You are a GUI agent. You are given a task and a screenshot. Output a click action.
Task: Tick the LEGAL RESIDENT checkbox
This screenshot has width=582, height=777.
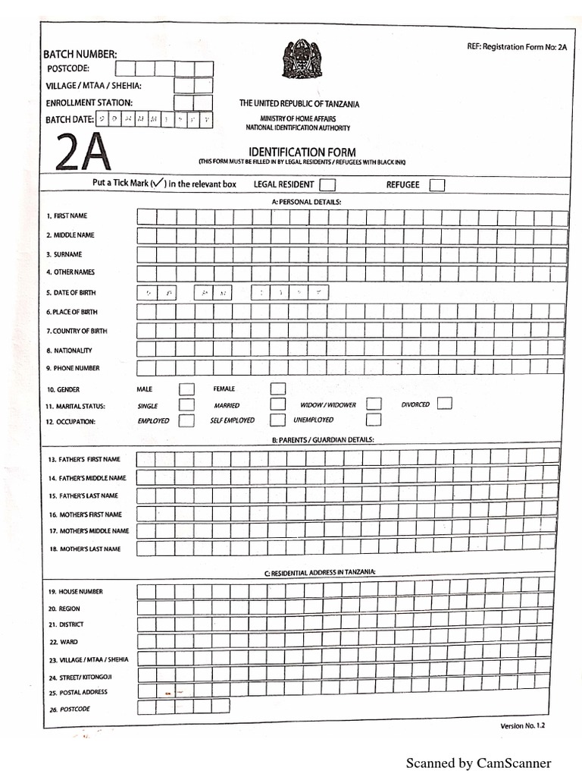[x=327, y=185]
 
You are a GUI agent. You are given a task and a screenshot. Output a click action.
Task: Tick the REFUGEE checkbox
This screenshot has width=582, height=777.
[x=437, y=185]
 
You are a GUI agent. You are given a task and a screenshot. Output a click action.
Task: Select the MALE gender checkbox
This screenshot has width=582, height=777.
[x=186, y=389]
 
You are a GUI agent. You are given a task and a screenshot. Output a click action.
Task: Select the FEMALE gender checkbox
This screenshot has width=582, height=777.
[x=278, y=389]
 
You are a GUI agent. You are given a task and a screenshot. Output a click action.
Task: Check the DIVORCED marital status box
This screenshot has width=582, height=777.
[x=445, y=403]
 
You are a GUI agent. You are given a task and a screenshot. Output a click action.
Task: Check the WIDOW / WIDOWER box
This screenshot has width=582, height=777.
[x=374, y=404]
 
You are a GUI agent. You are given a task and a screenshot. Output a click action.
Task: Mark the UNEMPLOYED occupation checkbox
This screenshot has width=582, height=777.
[x=374, y=420]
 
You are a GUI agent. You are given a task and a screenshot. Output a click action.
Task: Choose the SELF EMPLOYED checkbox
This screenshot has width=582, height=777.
[x=278, y=420]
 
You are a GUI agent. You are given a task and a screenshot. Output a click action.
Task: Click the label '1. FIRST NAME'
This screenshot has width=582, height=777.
[x=67, y=216]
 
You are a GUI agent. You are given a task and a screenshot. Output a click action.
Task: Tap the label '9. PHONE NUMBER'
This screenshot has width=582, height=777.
[x=72, y=368]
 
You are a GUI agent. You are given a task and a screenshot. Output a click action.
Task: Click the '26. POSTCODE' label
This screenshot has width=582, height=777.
[x=69, y=709]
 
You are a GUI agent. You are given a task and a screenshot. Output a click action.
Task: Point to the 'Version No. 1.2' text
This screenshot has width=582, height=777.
[x=522, y=726]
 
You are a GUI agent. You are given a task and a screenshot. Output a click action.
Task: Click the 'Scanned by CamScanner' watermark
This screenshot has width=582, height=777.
[x=478, y=763]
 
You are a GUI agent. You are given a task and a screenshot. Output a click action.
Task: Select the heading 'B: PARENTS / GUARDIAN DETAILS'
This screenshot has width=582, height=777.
[x=322, y=439]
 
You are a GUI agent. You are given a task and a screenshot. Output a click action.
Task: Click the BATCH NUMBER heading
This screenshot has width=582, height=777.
[x=80, y=54]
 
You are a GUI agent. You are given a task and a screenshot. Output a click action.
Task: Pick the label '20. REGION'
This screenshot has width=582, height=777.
[x=64, y=609]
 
